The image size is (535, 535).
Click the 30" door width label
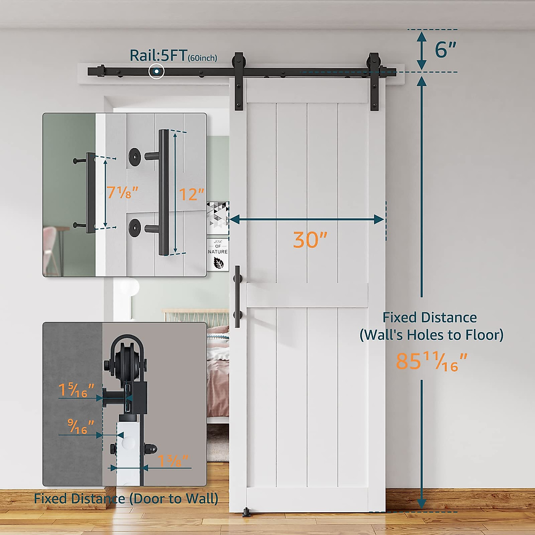tap(310, 239)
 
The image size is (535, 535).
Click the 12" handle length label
tap(191, 194)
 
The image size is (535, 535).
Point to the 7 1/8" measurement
tap(122, 192)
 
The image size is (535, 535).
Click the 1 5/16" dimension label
tap(76, 390)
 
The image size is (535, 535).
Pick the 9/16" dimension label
tap(81, 427)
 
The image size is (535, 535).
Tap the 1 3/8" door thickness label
tap(173, 461)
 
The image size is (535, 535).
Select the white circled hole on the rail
tap(156, 71)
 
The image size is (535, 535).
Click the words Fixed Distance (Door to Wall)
tap(126, 498)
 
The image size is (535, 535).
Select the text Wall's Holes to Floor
tap(432, 334)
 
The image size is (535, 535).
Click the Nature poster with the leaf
tap(218, 255)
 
